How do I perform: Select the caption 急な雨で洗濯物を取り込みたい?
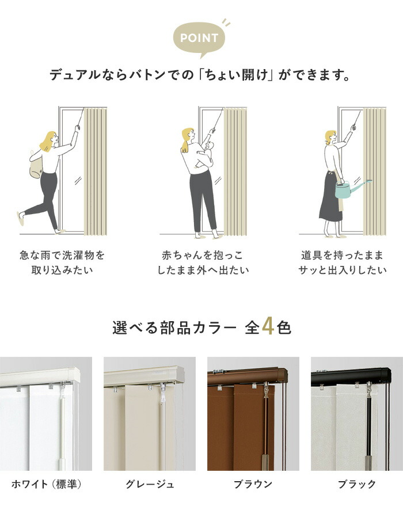pyautogui.click(x=62, y=262)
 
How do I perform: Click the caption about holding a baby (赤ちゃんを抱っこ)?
pyautogui.click(x=201, y=262)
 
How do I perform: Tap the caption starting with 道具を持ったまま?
pyautogui.click(x=341, y=262)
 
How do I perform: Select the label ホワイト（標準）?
pyautogui.click(x=46, y=484)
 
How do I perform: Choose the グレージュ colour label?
pyautogui.click(x=150, y=484)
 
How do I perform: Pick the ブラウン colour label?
pyautogui.click(x=253, y=484)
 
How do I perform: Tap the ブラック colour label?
pyautogui.click(x=357, y=484)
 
